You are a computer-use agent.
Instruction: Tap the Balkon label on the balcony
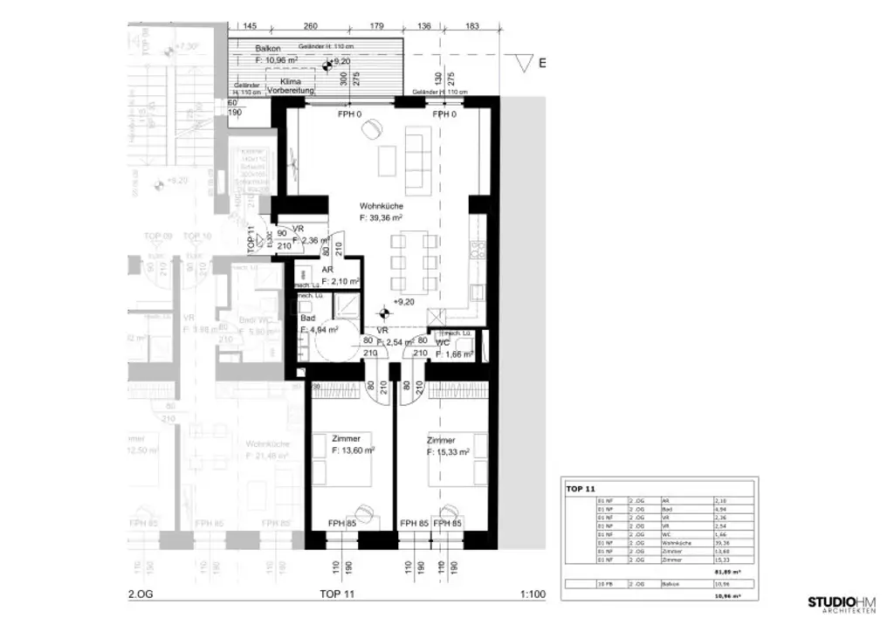(268, 49)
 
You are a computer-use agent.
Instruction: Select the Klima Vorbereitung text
(284, 85)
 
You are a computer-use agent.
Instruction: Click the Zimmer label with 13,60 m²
(347, 438)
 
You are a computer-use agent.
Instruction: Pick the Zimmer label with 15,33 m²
(442, 441)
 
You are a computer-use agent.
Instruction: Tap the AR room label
(328, 271)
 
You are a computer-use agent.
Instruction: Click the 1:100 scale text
(532, 595)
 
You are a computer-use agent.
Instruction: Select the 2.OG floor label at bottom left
(141, 595)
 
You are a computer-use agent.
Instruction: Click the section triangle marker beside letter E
(525, 64)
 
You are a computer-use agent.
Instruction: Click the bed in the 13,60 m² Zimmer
(345, 472)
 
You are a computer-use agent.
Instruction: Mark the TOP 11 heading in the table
(580, 489)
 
